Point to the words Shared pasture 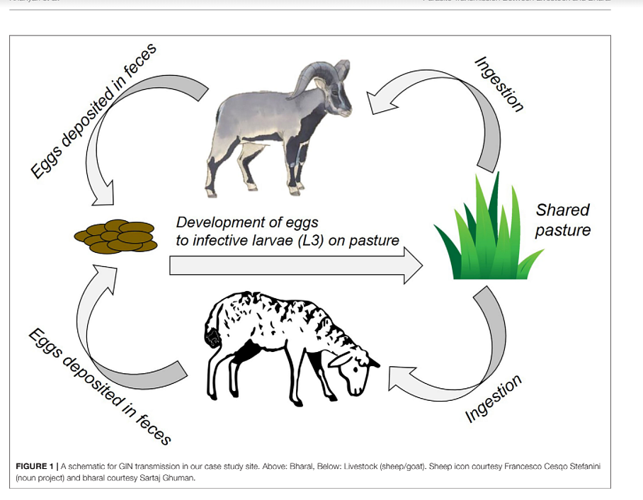[x=562, y=220]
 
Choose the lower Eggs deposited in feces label [x=100, y=387]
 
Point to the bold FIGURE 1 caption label [x=37, y=466]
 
